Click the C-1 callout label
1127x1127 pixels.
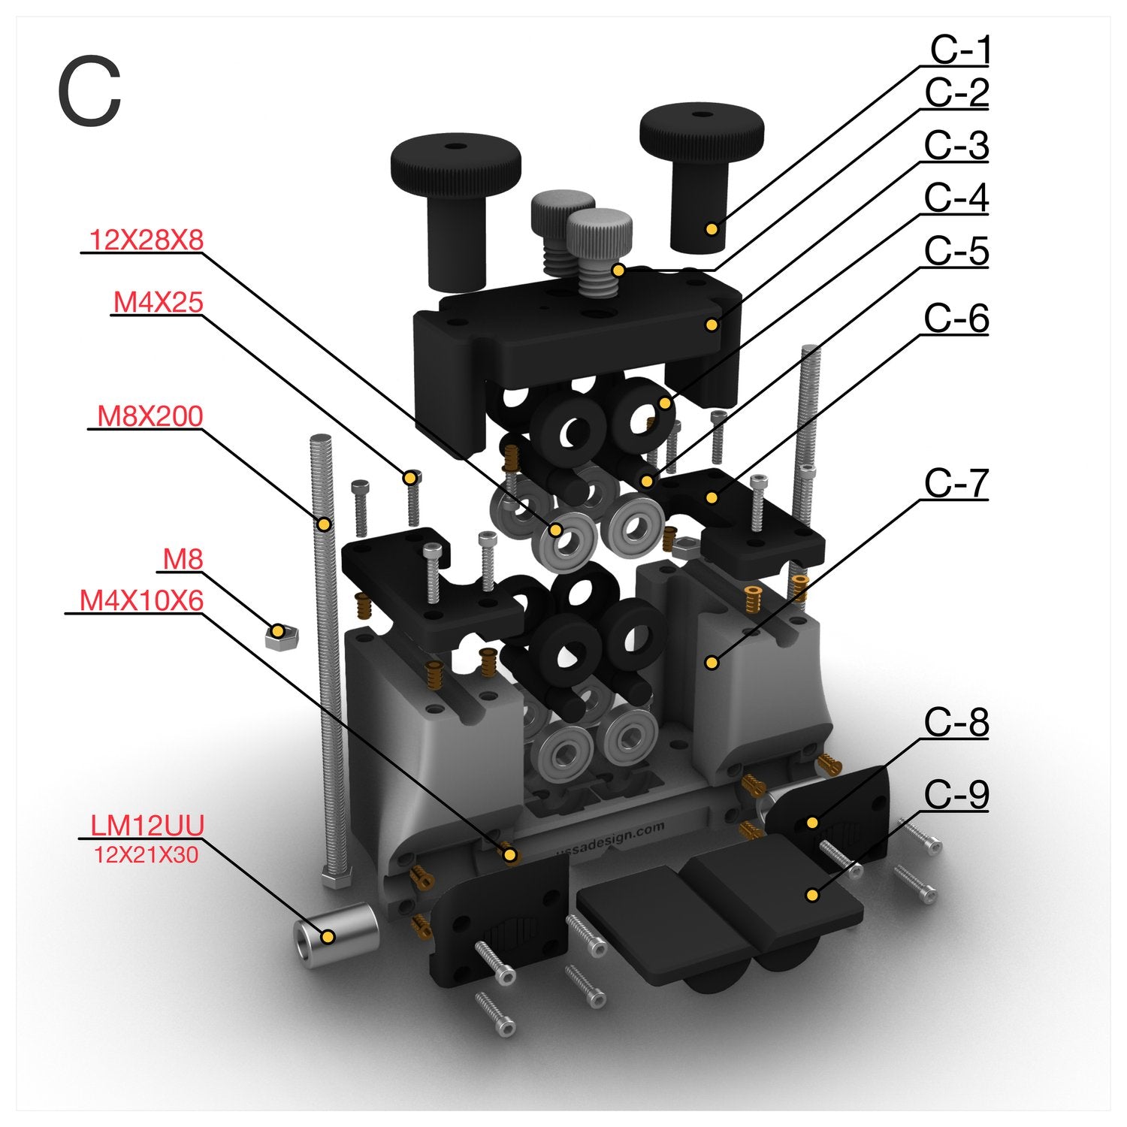[x=960, y=50]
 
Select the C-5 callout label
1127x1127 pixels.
[x=956, y=251]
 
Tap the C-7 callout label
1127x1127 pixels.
[x=956, y=483]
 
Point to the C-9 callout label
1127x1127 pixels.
[x=956, y=794]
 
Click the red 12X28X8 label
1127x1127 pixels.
[x=147, y=240]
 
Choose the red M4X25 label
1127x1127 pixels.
[x=159, y=302]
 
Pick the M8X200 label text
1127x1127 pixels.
[x=150, y=415]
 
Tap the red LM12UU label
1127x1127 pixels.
[x=147, y=826]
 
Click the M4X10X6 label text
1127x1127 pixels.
[x=142, y=600]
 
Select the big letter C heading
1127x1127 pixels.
[x=89, y=92]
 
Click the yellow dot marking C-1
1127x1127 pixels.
[x=712, y=228]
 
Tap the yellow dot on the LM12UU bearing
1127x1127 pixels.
[x=328, y=937]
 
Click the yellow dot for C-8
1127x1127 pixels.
[x=812, y=823]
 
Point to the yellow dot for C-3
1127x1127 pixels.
[x=711, y=325]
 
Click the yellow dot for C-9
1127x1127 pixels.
[x=811, y=895]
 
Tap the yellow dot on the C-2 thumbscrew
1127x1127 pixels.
[x=618, y=270]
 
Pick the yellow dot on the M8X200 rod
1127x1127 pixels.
[x=325, y=524]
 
